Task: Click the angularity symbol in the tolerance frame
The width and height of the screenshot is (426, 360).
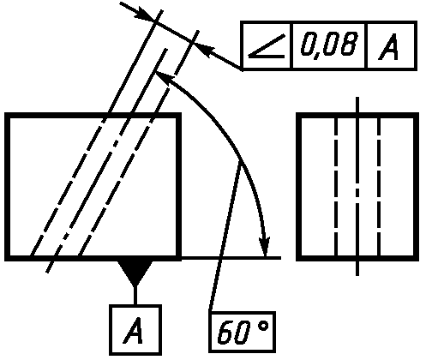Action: click(x=267, y=46)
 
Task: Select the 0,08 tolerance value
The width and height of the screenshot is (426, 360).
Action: click(x=329, y=45)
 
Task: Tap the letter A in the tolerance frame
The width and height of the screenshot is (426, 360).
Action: click(x=388, y=47)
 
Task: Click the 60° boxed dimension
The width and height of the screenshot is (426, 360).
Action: click(x=243, y=332)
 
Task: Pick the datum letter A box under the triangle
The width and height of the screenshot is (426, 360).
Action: click(x=135, y=330)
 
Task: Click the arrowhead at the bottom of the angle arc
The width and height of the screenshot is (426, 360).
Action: click(x=265, y=246)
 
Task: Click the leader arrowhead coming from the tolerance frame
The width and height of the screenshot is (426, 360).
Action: click(x=203, y=49)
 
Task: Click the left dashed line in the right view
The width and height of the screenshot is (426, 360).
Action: click(x=336, y=187)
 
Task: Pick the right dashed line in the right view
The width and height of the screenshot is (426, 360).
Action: click(x=379, y=187)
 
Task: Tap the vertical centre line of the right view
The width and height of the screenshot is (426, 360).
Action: click(x=357, y=186)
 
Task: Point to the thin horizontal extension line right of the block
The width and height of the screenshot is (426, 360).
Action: click(x=231, y=258)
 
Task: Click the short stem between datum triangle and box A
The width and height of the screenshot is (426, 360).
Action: click(x=135, y=295)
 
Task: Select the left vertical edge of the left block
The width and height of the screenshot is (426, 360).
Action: click(x=7, y=187)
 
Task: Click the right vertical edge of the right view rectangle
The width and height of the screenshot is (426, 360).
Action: click(x=417, y=187)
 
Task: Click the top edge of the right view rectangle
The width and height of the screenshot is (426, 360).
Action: click(x=357, y=115)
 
